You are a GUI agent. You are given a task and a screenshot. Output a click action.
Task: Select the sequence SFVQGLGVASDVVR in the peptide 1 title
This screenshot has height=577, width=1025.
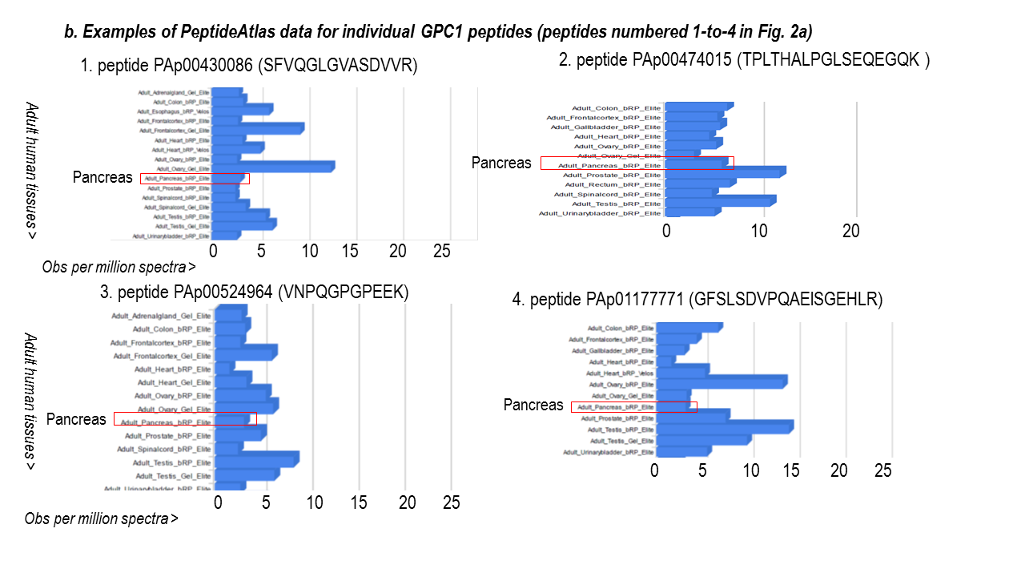click(x=337, y=67)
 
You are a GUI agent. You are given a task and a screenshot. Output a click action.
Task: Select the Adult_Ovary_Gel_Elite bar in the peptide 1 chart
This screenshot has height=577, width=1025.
click(x=272, y=167)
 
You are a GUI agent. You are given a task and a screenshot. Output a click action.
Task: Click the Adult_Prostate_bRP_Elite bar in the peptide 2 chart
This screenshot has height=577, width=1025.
click(x=725, y=172)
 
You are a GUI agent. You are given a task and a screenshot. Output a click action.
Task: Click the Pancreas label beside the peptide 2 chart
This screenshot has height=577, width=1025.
click(x=501, y=163)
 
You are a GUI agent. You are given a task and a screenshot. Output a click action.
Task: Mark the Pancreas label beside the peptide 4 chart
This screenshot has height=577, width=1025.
click(x=533, y=406)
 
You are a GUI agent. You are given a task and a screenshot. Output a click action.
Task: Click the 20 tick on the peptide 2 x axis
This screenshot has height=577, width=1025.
click(x=851, y=231)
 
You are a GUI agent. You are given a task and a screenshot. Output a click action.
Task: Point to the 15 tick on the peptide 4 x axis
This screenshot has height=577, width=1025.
click(x=791, y=470)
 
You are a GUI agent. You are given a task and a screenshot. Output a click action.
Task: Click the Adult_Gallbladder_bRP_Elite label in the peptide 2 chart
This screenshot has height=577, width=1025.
click(x=606, y=127)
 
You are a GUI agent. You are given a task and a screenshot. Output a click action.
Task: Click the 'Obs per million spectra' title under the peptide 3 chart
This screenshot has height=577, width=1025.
click(x=102, y=518)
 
